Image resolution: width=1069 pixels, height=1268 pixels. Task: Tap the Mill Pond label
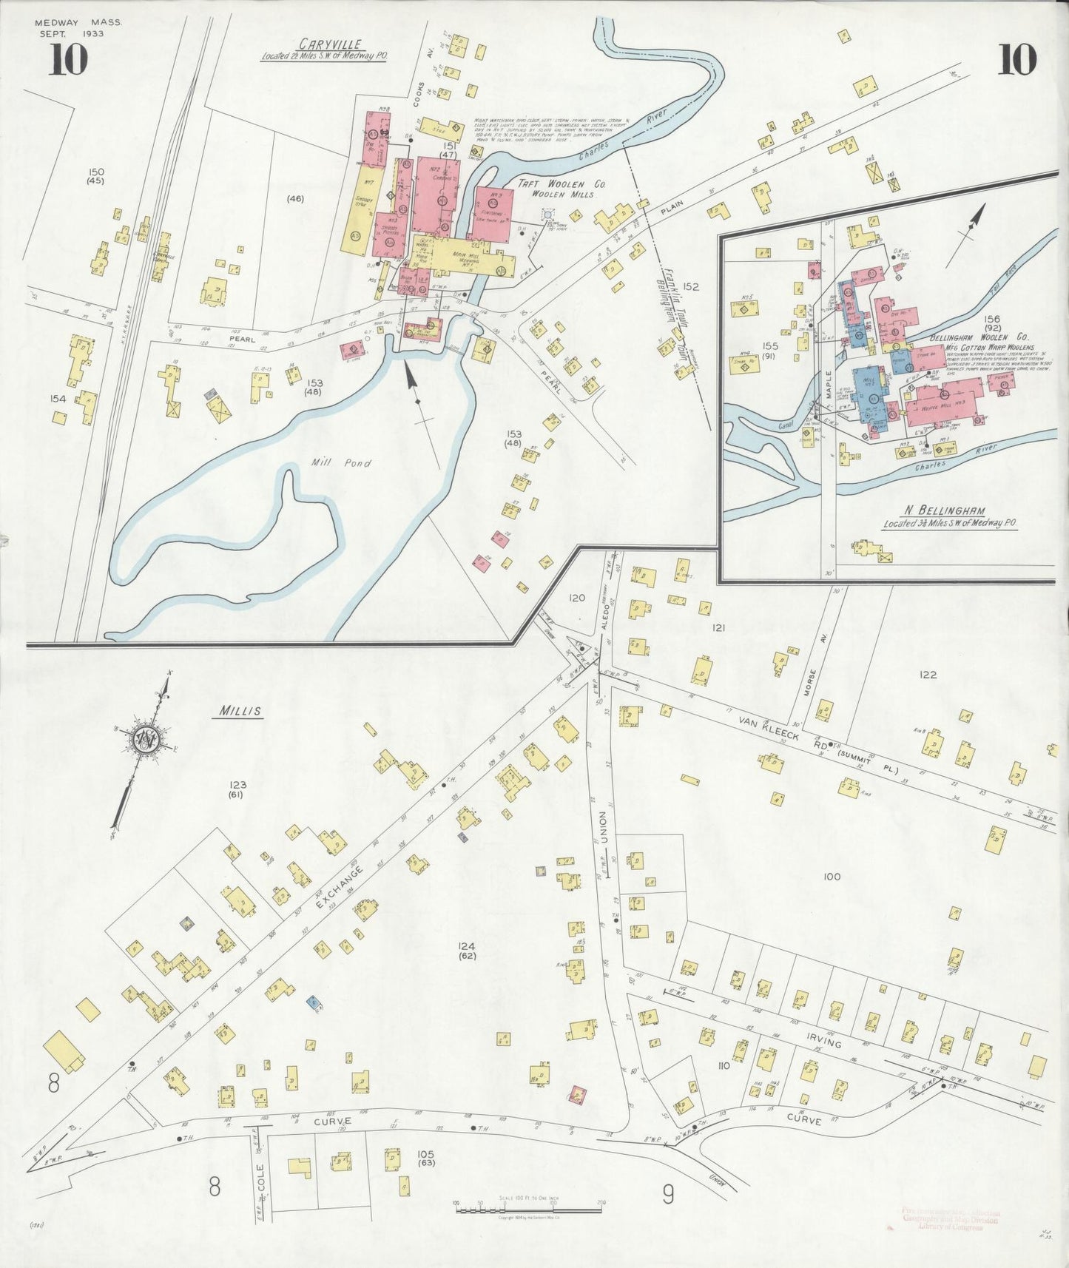pos(340,464)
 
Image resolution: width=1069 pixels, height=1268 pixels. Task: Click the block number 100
pos(832,877)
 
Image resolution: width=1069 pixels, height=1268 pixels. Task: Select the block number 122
pos(927,675)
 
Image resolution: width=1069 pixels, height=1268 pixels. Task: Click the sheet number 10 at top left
pos(68,61)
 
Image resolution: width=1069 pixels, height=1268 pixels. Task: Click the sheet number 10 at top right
pos(1016,61)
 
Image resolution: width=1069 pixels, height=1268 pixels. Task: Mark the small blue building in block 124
pos(314,1002)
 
